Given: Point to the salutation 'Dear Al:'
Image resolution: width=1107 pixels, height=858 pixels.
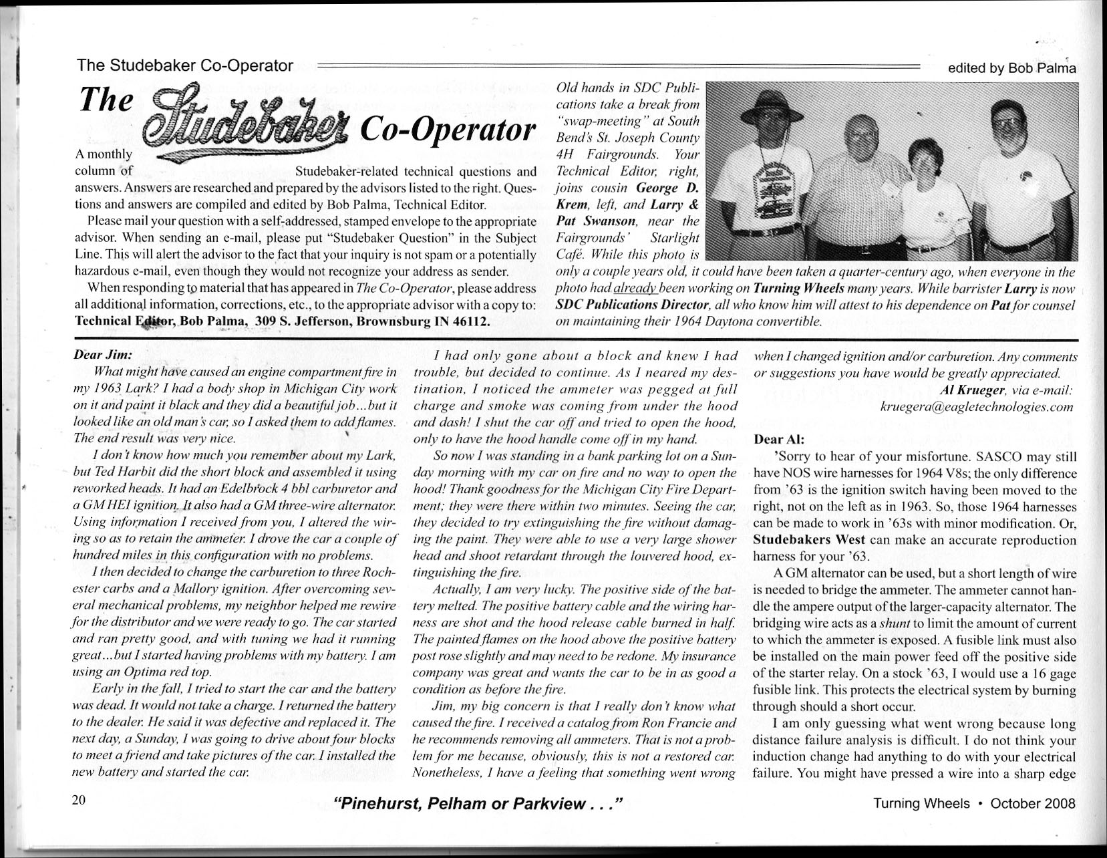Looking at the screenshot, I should click(x=779, y=440).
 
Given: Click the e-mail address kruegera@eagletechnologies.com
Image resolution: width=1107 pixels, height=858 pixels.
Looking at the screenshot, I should click(x=977, y=406).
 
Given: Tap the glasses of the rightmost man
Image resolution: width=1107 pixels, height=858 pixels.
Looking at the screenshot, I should click(x=1007, y=122).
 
